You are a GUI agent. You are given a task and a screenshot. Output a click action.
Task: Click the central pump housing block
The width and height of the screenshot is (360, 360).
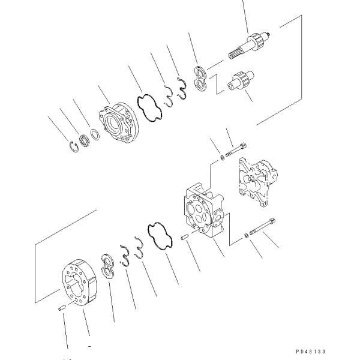(203, 210)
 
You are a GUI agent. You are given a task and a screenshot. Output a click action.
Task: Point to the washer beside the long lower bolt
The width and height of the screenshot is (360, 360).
(247, 234)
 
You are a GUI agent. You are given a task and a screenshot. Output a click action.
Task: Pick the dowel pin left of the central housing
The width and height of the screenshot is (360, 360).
(187, 238)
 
